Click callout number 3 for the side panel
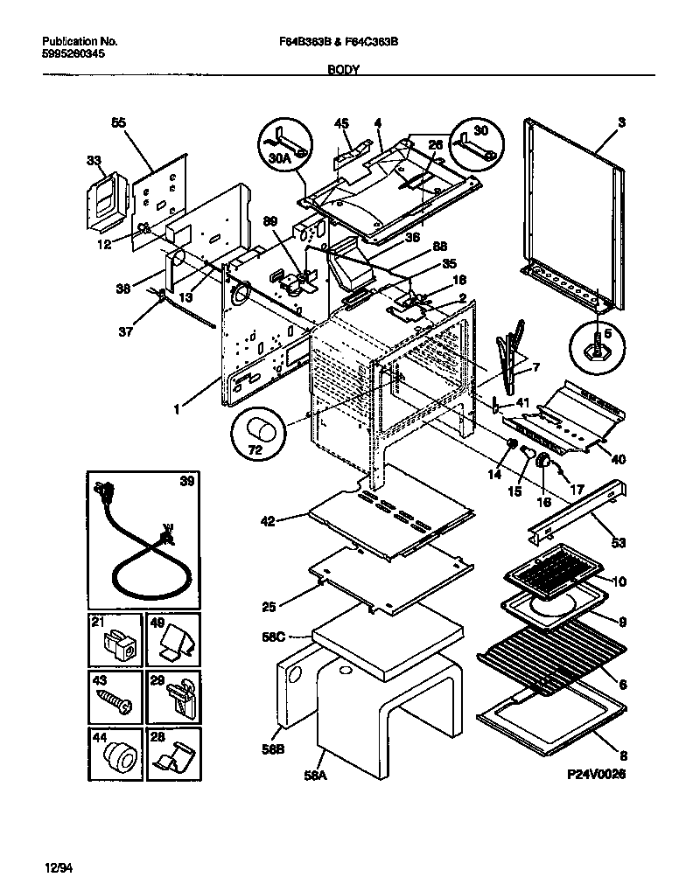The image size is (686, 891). (620, 123)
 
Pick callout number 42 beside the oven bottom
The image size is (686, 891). (268, 521)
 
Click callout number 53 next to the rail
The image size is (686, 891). (619, 543)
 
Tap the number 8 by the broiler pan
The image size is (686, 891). (621, 755)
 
